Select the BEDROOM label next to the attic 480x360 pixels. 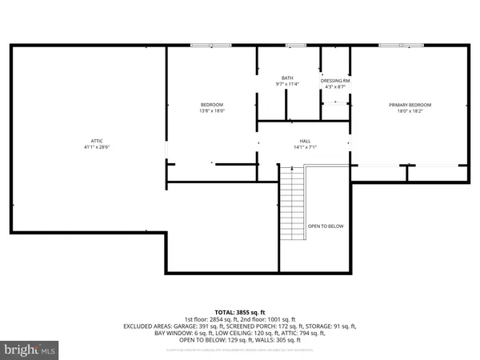click(x=211, y=105)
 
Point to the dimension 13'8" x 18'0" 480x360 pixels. click(x=211, y=111)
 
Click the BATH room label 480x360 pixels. click(x=287, y=78)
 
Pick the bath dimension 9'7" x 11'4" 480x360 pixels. click(x=287, y=84)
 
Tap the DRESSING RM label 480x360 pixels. click(x=335, y=81)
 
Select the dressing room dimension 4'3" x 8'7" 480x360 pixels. click(x=335, y=87)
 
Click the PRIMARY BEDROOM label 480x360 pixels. click(x=410, y=105)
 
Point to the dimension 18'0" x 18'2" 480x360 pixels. click(x=410, y=111)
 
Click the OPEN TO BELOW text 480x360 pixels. click(x=326, y=226)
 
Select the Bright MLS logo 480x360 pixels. click(x=30, y=349)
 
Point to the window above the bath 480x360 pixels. click(x=296, y=46)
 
